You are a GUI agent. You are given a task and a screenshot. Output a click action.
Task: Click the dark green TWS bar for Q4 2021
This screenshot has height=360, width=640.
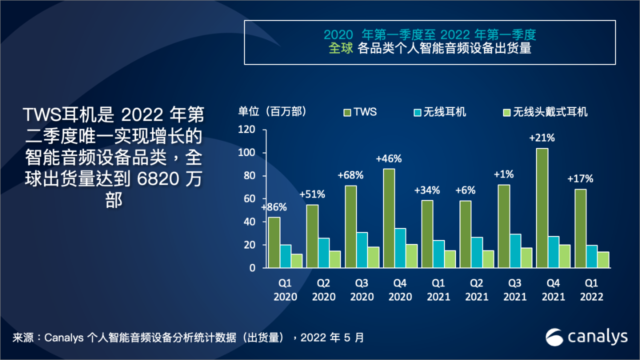(542, 208)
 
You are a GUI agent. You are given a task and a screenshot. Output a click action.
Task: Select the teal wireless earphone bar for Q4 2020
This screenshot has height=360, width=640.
(399, 248)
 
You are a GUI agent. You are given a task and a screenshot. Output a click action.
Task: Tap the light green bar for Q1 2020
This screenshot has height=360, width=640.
(296, 261)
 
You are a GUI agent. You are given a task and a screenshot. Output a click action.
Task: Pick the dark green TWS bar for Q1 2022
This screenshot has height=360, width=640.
(580, 228)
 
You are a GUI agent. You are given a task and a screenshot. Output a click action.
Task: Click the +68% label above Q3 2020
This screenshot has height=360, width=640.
(350, 175)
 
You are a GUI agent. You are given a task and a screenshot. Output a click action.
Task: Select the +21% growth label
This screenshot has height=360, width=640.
(542, 138)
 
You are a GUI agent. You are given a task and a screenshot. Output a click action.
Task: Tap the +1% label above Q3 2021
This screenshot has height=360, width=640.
(503, 175)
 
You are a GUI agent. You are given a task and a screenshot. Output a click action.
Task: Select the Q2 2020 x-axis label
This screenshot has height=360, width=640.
(323, 290)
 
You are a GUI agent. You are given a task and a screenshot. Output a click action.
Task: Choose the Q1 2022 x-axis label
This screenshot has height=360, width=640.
(591, 290)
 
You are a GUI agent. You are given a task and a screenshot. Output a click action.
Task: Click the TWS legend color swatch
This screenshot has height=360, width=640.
(346, 112)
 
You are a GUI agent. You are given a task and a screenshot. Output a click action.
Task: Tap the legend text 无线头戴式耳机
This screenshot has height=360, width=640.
(550, 112)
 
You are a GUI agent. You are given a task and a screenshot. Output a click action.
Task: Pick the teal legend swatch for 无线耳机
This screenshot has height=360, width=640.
(416, 112)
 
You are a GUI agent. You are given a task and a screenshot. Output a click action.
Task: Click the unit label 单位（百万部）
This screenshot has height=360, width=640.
(272, 111)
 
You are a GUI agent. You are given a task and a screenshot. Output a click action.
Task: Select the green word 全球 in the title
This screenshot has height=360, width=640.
(341, 48)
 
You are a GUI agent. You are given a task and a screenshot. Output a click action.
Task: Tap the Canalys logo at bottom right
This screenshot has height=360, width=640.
(586, 337)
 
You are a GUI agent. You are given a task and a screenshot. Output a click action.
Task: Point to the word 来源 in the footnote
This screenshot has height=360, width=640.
(23, 337)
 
